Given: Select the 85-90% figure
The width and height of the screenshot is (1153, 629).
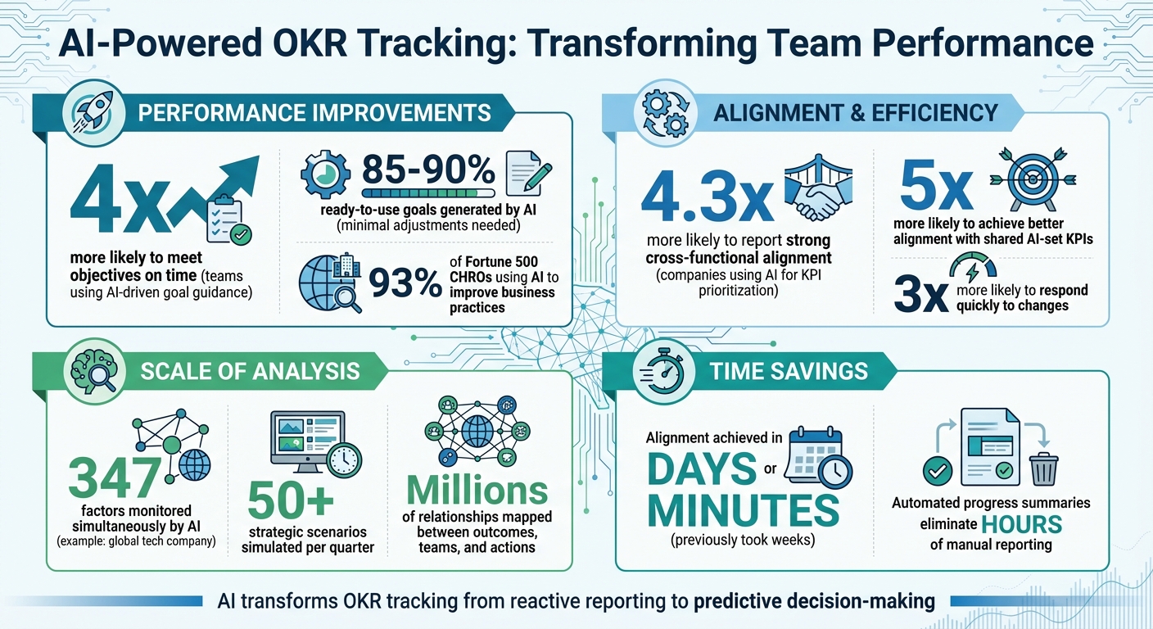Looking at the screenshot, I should tap(428, 170).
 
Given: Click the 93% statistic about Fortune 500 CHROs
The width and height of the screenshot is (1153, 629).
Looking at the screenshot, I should tap(406, 283).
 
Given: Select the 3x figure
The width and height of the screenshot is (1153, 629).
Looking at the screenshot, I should tap(921, 295).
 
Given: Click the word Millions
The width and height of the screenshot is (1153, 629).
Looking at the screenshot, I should tap(477, 491).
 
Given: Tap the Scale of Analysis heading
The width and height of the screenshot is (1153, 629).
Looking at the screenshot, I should tap(250, 370).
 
